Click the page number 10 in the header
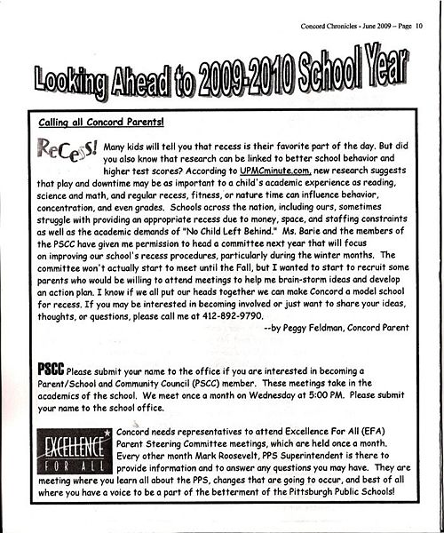(x=430, y=10)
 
